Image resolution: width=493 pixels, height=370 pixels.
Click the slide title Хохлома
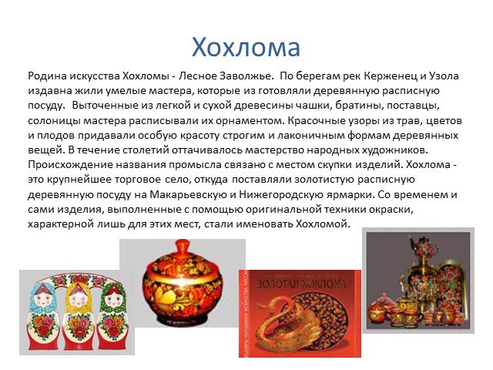pyautogui.click(x=246, y=47)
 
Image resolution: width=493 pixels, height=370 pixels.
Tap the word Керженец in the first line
pyautogui.click(x=391, y=76)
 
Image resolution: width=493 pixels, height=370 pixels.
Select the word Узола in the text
pyautogui.click(x=444, y=76)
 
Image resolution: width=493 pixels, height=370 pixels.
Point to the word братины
pyautogui.click(x=358, y=106)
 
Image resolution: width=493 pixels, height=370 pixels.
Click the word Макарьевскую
pyautogui.click(x=189, y=194)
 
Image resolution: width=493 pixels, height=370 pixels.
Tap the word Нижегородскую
pyautogui.click(x=280, y=194)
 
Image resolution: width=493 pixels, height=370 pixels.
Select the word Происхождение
pyautogui.click(x=70, y=165)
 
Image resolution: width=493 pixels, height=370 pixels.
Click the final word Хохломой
pyautogui.click(x=323, y=224)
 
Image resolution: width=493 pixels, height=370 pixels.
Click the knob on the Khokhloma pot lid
pyautogui.click(x=183, y=244)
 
